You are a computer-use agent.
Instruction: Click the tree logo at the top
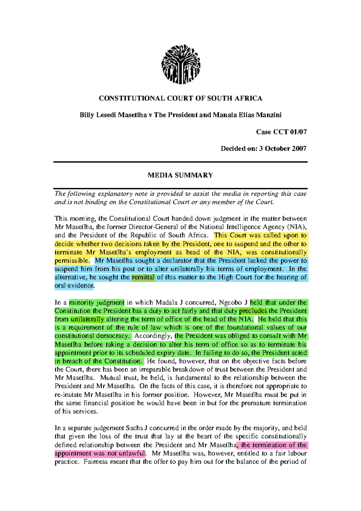point(180,64)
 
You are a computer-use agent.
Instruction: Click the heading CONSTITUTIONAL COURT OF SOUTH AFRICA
point(180,98)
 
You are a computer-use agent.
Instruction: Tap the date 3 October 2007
point(282,148)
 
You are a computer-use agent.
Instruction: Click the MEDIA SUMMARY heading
point(180,175)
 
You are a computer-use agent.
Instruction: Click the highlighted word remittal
point(143,277)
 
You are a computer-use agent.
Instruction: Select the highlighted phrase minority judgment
point(97,302)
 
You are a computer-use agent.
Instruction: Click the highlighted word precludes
point(253,311)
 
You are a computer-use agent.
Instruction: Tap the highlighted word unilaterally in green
point(88,319)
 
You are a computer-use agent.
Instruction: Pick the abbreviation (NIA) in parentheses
point(297,227)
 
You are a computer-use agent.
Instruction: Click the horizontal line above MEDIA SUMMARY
point(180,162)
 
